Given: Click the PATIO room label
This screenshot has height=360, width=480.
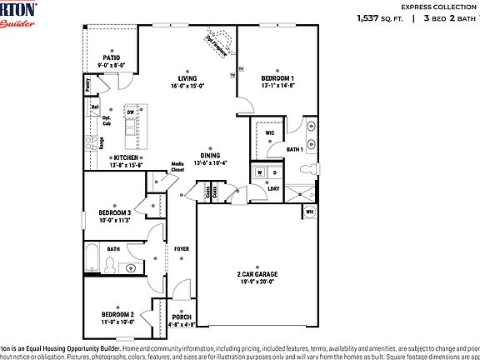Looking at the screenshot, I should click(111, 58).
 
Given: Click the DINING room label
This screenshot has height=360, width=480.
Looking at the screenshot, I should click(210, 156).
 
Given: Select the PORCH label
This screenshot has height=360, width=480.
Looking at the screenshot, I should click(182, 317).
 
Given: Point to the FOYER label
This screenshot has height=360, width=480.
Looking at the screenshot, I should click(181, 249).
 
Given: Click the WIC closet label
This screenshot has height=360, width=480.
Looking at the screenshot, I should click(270, 132).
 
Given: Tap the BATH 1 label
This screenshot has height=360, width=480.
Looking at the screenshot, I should click(295, 150).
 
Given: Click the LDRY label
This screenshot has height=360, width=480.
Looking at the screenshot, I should click(272, 189).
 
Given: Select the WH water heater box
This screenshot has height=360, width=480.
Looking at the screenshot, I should click(309, 212).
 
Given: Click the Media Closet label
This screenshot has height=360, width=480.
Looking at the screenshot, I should click(177, 167).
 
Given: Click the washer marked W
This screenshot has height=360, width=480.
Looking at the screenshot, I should click(260, 172).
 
